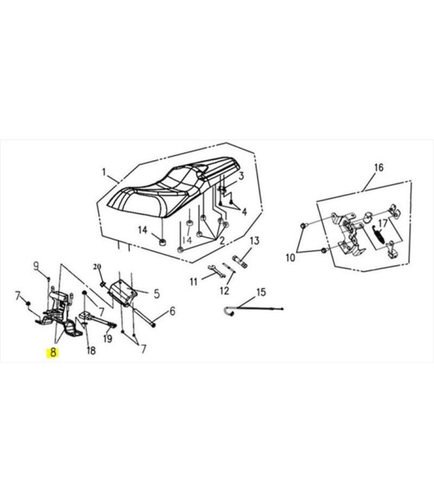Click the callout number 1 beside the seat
click(x=104, y=172)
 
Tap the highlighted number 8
click(x=53, y=353)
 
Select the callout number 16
click(x=378, y=168)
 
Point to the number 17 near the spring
click(x=383, y=223)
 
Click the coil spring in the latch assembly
click(x=378, y=235)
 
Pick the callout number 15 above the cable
click(x=261, y=292)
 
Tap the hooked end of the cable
click(x=228, y=311)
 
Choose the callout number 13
click(x=254, y=241)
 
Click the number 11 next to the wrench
click(x=193, y=282)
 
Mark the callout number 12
click(x=225, y=290)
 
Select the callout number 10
click(x=290, y=258)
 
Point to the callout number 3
click(x=241, y=176)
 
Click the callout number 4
click(x=244, y=212)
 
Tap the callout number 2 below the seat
click(x=222, y=241)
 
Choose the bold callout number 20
click(x=97, y=267)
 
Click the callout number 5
click(x=156, y=293)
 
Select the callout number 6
click(x=172, y=311)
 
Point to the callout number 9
click(x=37, y=266)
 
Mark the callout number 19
click(x=107, y=338)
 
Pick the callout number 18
click(x=91, y=351)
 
